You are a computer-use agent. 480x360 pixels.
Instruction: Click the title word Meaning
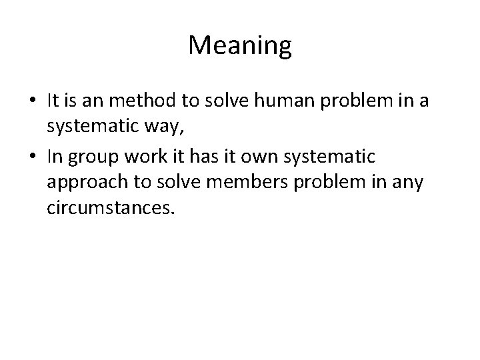click(x=240, y=46)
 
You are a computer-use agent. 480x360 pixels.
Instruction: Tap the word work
click(x=151, y=157)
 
